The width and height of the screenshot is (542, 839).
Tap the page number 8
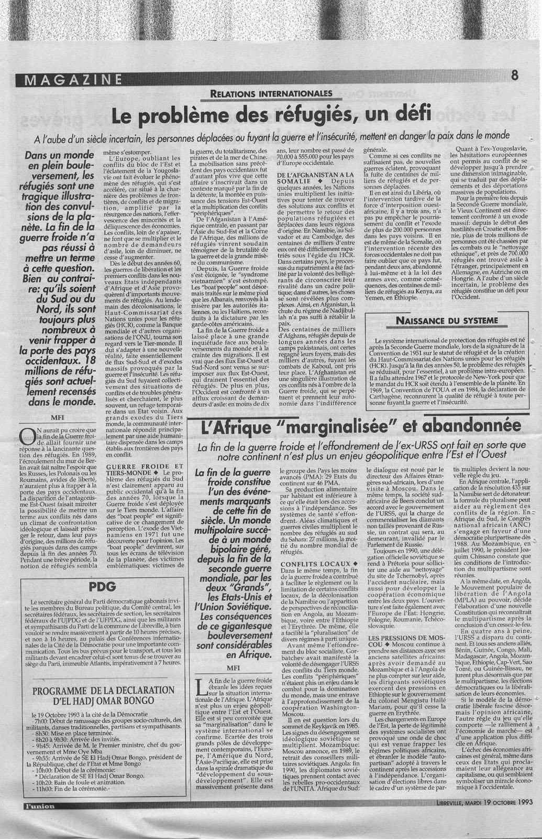[x=514, y=75]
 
